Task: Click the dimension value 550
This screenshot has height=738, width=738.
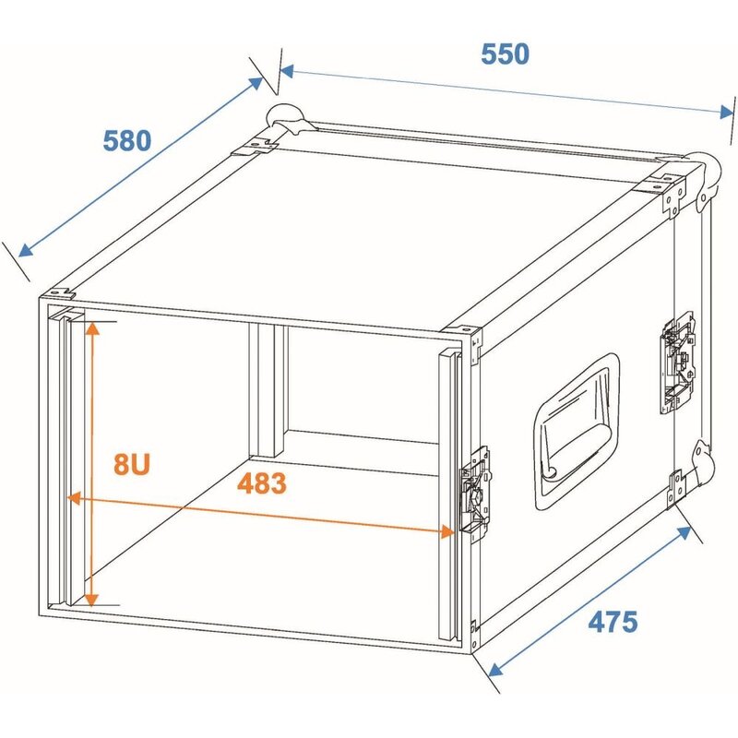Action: [x=505, y=54]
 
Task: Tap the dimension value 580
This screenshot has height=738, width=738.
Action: [x=126, y=141]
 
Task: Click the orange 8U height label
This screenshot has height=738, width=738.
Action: [x=133, y=463]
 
